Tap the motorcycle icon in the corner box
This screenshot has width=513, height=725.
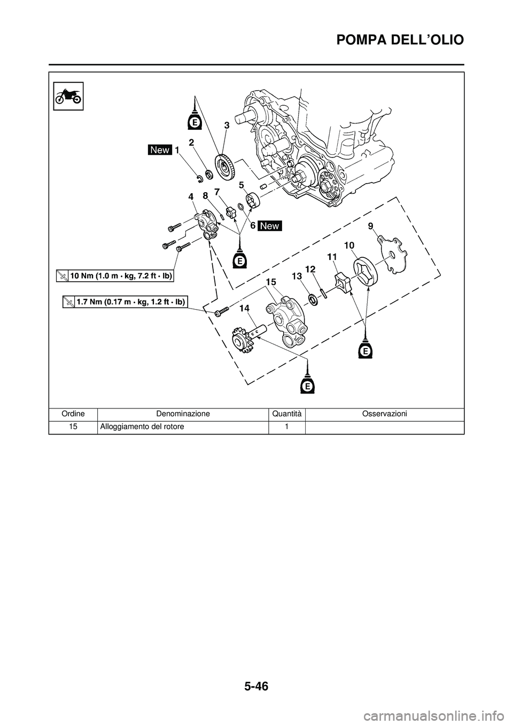point(68,97)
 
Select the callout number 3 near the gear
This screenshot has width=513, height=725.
point(227,125)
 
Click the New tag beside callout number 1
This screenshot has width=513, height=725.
point(160,151)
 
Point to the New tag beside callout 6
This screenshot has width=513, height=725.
point(270,226)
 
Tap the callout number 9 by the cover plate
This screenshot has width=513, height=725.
point(370,226)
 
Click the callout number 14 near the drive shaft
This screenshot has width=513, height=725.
point(245,308)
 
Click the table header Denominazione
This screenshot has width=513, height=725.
point(183,414)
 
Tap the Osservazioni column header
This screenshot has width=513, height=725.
point(384,414)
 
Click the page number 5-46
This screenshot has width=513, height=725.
point(256,683)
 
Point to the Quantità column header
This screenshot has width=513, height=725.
point(286,414)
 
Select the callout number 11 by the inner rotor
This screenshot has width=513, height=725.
point(332,257)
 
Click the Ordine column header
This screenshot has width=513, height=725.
point(73,414)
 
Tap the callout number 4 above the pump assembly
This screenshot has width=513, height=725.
point(191,196)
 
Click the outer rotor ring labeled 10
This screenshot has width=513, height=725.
point(366,271)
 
